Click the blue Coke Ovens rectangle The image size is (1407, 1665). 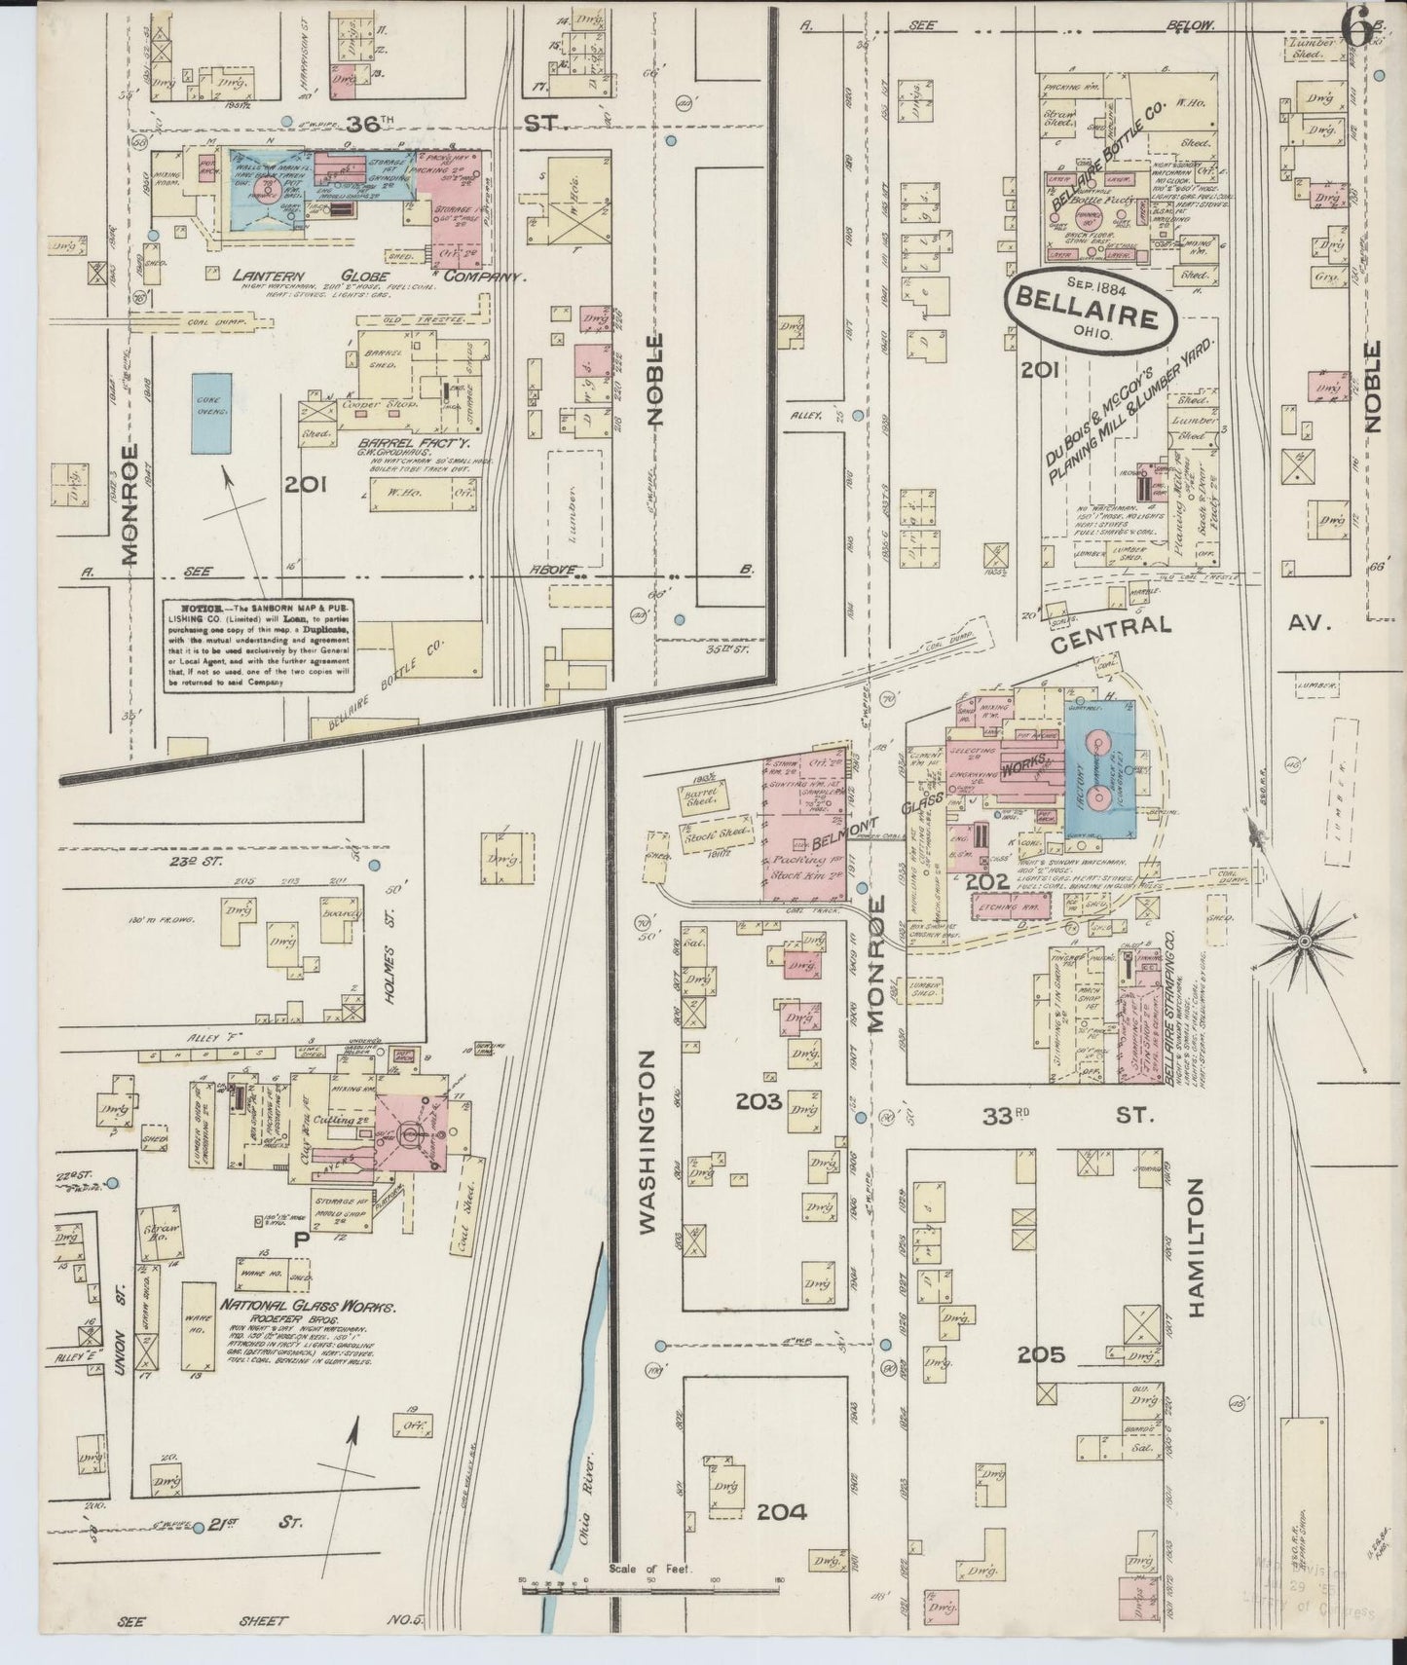pyautogui.click(x=209, y=412)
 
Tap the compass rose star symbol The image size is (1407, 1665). pyautogui.click(x=1303, y=942)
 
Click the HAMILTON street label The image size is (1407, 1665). pyautogui.click(x=1197, y=1247)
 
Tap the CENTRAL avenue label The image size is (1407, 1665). pyautogui.click(x=1110, y=624)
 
